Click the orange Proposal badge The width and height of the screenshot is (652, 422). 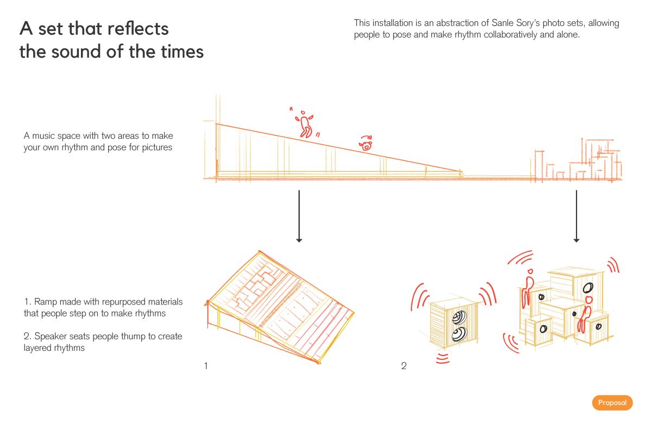[612, 402]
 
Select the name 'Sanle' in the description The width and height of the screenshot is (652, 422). [502, 23]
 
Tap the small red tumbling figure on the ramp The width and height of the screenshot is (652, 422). [366, 143]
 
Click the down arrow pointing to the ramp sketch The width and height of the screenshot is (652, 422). [299, 216]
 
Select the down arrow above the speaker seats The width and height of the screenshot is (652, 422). [576, 216]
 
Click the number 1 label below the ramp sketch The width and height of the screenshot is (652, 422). [206, 365]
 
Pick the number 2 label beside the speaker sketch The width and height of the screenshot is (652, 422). [403, 365]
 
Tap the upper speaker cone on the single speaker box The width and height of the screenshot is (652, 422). [460, 318]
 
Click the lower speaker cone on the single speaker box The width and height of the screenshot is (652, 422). [459, 334]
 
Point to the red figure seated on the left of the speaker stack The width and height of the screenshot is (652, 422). [528, 288]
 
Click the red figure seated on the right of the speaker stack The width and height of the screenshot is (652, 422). [585, 314]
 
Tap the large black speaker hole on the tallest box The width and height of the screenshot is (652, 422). [588, 288]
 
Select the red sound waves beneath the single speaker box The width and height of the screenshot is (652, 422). [443, 358]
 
